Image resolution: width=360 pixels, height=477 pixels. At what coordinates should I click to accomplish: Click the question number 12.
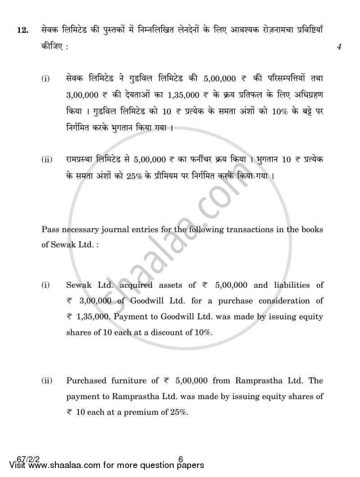[x=22, y=31]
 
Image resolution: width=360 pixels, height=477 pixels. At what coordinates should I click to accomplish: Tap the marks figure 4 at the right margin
[x=339, y=46]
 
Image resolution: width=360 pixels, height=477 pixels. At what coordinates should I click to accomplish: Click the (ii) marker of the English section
[x=47, y=381]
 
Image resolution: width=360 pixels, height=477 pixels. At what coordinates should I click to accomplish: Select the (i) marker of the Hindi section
[x=46, y=79]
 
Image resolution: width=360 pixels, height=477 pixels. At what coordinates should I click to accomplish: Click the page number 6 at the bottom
[x=180, y=459]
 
